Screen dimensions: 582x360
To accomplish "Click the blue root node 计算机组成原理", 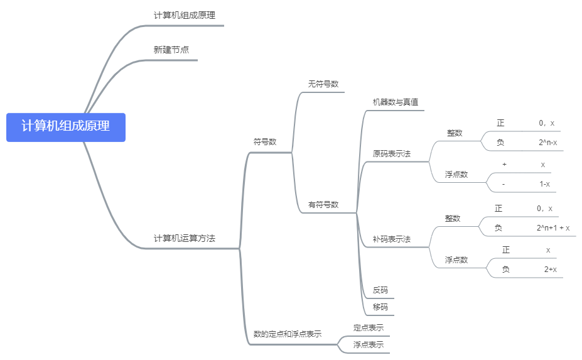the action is (x=66, y=127).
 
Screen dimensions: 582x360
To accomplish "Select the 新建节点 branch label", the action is (x=171, y=50).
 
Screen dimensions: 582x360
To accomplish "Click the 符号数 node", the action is (x=264, y=142).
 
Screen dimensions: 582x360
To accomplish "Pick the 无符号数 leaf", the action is (x=323, y=84).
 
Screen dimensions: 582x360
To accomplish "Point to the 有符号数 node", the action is (x=323, y=205).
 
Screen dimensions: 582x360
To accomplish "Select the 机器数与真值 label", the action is (x=391, y=102).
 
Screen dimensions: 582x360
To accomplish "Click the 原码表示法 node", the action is (x=391, y=153).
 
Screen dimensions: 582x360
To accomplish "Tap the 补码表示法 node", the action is (x=391, y=239).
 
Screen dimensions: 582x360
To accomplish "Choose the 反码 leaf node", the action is (x=380, y=290).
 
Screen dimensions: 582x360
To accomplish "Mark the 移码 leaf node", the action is (x=380, y=307).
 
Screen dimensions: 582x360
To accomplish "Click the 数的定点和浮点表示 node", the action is (x=287, y=334).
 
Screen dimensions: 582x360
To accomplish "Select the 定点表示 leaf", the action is (x=368, y=328).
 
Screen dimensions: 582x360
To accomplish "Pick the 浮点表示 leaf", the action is (x=368, y=345).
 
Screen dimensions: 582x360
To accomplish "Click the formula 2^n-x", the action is (x=547, y=143).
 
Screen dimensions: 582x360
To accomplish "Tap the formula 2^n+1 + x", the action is (x=552, y=227).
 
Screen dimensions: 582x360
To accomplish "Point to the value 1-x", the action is (x=544, y=184).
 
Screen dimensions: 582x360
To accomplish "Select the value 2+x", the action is (x=550, y=270).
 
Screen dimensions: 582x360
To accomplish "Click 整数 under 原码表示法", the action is (x=455, y=133).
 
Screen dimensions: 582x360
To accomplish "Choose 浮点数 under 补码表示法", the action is (x=456, y=260).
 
